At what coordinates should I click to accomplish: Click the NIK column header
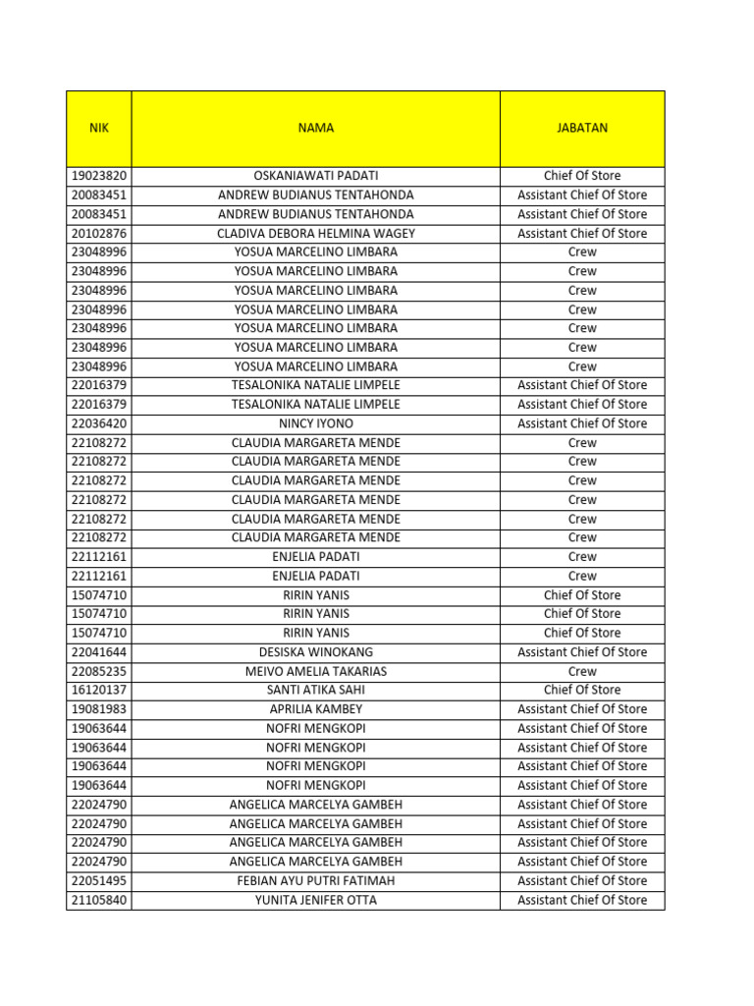point(98,128)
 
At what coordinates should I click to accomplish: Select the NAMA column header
point(315,128)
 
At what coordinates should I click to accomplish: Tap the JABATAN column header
point(582,128)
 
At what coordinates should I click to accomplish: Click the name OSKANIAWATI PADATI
point(315,176)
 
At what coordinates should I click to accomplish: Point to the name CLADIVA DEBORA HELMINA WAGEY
point(315,233)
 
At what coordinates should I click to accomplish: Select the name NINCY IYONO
point(315,423)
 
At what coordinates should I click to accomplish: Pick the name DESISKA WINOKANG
point(315,652)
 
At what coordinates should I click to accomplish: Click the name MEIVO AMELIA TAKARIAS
point(315,671)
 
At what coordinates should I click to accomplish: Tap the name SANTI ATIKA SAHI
point(315,690)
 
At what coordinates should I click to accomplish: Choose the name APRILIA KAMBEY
point(315,709)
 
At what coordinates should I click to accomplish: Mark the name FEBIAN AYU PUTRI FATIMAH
point(315,880)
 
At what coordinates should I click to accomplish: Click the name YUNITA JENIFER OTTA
point(315,900)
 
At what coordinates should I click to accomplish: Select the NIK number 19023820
point(99,176)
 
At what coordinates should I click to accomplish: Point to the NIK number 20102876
point(99,233)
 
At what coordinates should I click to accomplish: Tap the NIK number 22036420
point(99,423)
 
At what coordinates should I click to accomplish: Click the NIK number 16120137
point(99,690)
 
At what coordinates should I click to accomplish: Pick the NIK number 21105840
point(99,900)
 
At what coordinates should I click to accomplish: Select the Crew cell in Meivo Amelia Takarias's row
point(582,671)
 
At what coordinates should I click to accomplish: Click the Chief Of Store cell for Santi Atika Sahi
point(582,690)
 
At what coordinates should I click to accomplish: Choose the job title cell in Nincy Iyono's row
point(582,423)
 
